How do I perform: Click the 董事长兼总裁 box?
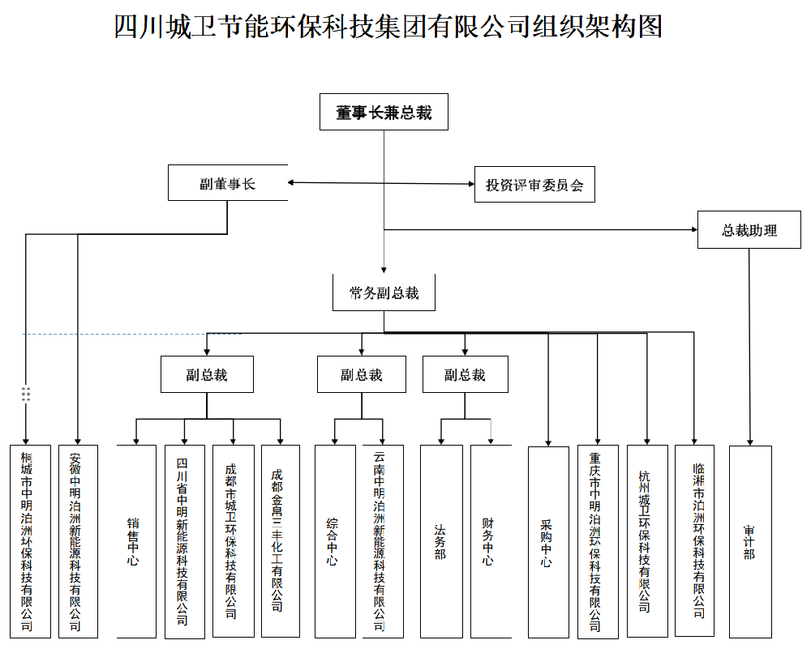(384, 113)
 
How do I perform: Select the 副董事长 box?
(227, 183)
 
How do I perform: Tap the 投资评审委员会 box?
(534, 185)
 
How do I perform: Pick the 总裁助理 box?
(749, 230)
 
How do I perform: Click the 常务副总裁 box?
(384, 292)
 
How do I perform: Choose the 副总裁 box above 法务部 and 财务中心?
(465, 375)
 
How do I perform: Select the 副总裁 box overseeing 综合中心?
(361, 375)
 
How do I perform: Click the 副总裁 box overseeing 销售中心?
(206, 374)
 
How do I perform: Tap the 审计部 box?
(749, 541)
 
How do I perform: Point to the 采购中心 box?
(547, 541)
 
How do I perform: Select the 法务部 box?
(440, 541)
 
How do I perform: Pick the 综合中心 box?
(334, 541)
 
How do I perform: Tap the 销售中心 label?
(135, 541)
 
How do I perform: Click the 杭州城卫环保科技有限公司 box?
(646, 541)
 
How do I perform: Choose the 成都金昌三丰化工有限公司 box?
(280, 541)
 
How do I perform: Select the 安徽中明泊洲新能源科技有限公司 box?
(78, 541)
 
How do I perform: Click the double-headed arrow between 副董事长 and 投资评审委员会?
(381, 183)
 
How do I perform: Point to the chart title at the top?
(388, 27)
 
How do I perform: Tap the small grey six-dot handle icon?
(26, 394)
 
